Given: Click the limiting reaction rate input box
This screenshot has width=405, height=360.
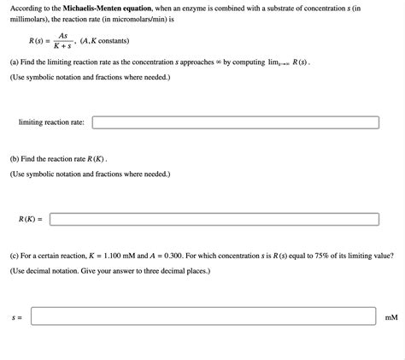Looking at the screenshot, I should [235, 122].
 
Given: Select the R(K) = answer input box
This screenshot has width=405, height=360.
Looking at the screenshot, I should [214, 219].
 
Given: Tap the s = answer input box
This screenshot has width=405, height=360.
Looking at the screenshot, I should [203, 316].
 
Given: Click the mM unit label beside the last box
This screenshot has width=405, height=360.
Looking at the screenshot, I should [391, 317].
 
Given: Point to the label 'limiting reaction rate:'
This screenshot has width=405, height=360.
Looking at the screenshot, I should [51, 122].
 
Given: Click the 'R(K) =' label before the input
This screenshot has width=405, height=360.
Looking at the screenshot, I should [30, 219].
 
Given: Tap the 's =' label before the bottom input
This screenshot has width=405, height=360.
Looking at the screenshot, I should [16, 317].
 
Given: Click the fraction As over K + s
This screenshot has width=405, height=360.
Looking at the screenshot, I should [62, 40].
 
